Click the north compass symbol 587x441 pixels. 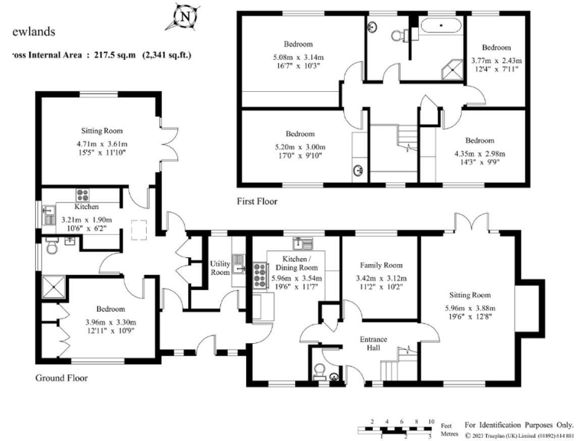183,16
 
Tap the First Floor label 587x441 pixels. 257,202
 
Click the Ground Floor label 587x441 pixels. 61,378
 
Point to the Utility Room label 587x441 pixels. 220,268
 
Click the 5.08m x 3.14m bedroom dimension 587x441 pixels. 298,57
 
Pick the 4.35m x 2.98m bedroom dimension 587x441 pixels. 480,155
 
